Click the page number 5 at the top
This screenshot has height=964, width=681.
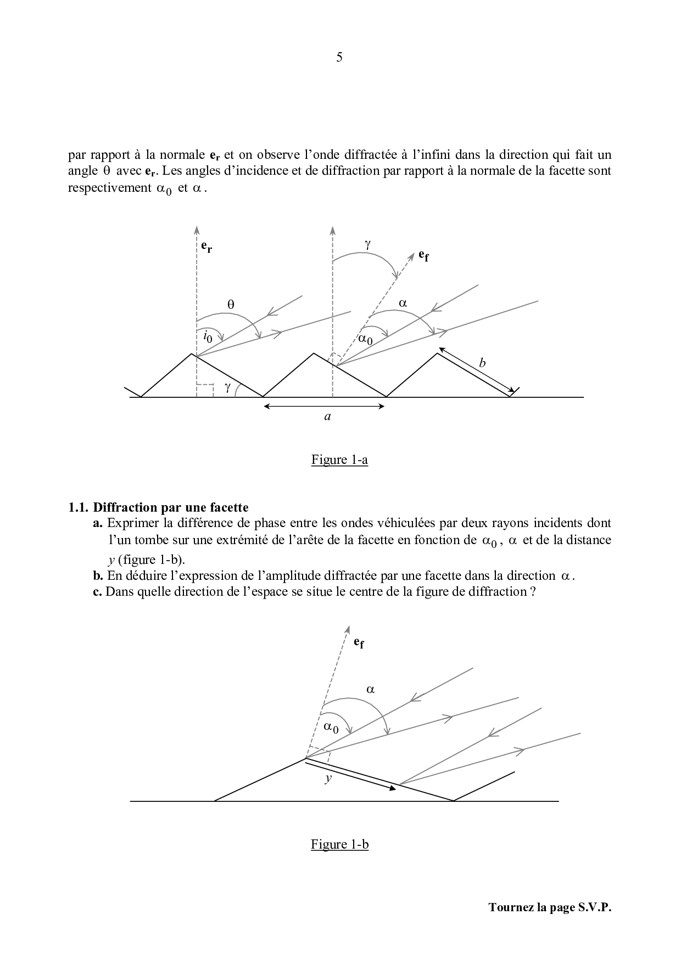(x=339, y=57)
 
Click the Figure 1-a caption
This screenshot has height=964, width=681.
(x=339, y=459)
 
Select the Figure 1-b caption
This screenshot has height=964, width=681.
(x=339, y=844)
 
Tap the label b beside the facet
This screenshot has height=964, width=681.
(x=482, y=363)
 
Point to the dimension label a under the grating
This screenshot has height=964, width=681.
(x=327, y=417)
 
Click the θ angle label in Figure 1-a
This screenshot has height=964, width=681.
(x=231, y=303)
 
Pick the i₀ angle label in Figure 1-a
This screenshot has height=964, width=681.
(x=206, y=336)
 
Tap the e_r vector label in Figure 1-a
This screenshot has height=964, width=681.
(x=206, y=247)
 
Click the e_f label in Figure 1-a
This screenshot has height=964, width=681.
(x=423, y=255)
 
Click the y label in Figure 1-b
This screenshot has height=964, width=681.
(x=328, y=778)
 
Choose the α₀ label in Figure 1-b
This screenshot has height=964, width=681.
(x=331, y=728)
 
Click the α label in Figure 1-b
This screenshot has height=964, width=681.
(x=370, y=689)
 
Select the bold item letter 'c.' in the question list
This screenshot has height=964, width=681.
(x=98, y=591)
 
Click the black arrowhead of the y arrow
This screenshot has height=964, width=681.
(x=392, y=788)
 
